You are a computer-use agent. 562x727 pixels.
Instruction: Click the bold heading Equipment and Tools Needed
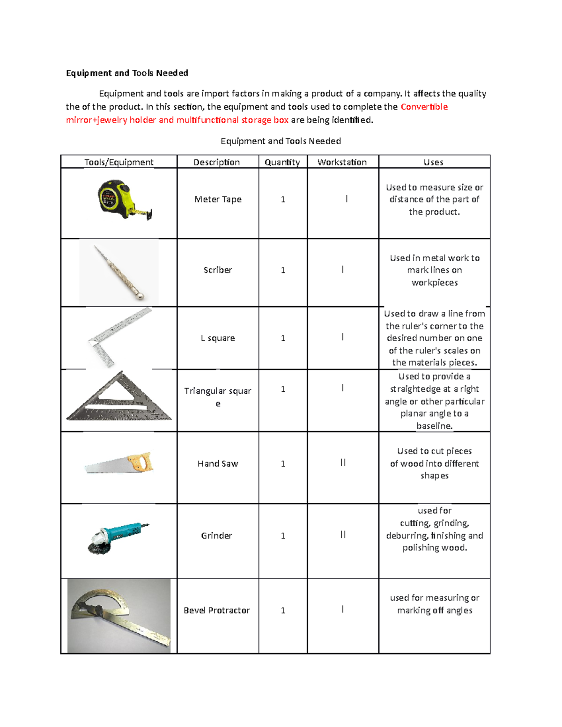click(127, 73)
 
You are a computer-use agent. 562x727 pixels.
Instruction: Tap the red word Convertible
click(424, 107)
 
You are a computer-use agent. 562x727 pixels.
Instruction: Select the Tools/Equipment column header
click(118, 162)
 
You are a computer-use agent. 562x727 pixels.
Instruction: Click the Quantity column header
click(282, 162)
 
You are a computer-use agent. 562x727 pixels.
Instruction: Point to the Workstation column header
click(342, 162)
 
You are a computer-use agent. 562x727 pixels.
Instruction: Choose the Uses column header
click(433, 162)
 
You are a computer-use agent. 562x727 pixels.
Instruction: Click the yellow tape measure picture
click(119, 199)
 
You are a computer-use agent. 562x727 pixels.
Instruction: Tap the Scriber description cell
click(217, 270)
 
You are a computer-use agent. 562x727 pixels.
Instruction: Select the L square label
click(217, 338)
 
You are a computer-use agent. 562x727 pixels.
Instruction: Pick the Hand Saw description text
click(217, 463)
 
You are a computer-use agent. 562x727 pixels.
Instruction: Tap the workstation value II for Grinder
click(343, 535)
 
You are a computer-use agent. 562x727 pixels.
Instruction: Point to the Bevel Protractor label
click(216, 610)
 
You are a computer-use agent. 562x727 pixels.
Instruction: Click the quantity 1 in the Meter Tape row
click(283, 199)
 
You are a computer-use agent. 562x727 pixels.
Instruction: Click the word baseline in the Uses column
click(434, 426)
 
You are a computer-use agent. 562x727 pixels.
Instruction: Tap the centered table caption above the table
click(281, 141)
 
